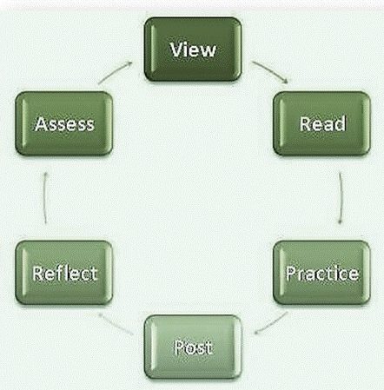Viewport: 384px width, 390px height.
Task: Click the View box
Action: click(x=193, y=49)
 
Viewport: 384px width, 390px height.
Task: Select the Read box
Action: click(x=321, y=123)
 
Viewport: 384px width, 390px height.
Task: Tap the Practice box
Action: click(x=321, y=273)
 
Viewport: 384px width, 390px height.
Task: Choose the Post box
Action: click(x=193, y=347)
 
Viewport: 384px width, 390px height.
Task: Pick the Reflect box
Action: click(x=63, y=273)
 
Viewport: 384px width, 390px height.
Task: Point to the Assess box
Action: click(x=63, y=123)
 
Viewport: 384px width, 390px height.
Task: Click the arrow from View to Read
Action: click(x=270, y=71)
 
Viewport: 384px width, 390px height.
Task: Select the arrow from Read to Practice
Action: click(x=341, y=198)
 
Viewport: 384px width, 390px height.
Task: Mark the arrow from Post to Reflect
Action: click(x=116, y=323)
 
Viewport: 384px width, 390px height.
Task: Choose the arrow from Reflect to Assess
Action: click(x=45, y=198)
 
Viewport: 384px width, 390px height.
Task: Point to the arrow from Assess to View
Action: click(x=115, y=71)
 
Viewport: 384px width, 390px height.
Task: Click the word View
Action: click(x=193, y=50)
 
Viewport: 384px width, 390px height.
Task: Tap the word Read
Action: click(x=322, y=123)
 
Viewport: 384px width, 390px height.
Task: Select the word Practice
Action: click(x=322, y=274)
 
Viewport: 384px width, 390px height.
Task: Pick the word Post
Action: click(x=193, y=347)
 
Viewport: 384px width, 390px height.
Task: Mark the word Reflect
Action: click(x=64, y=274)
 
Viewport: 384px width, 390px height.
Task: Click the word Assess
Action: click(x=64, y=124)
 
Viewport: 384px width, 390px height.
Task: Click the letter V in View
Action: click(x=176, y=50)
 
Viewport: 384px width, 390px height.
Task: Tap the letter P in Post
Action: click(x=179, y=347)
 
